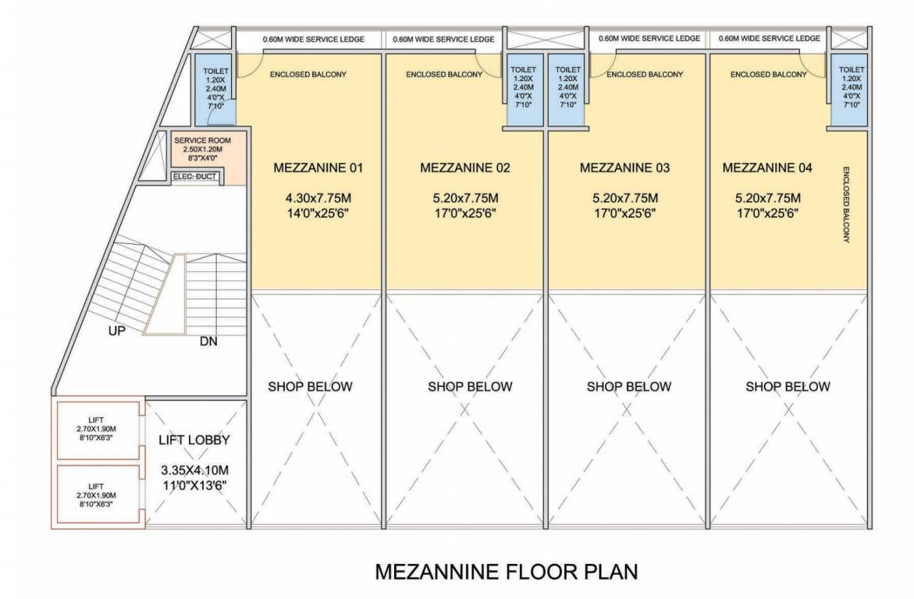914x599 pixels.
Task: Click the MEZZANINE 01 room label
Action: (x=318, y=168)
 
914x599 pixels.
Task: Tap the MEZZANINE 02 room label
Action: (x=464, y=168)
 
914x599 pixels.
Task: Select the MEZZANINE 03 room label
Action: (x=624, y=168)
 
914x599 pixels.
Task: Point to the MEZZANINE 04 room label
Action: (x=767, y=168)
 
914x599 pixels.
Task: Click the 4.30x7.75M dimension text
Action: (x=318, y=197)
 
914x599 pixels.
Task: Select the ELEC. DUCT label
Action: (x=194, y=177)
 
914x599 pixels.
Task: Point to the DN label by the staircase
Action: (x=208, y=341)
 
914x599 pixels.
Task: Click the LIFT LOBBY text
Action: (x=194, y=440)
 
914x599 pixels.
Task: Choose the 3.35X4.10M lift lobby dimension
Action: (x=194, y=470)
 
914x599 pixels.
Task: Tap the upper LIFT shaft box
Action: (x=97, y=430)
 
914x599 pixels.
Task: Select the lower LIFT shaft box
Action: (x=97, y=495)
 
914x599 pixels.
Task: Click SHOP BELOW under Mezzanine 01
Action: (x=311, y=386)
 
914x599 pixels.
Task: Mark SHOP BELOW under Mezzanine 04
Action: (x=788, y=386)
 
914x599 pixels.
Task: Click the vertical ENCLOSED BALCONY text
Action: (x=845, y=204)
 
